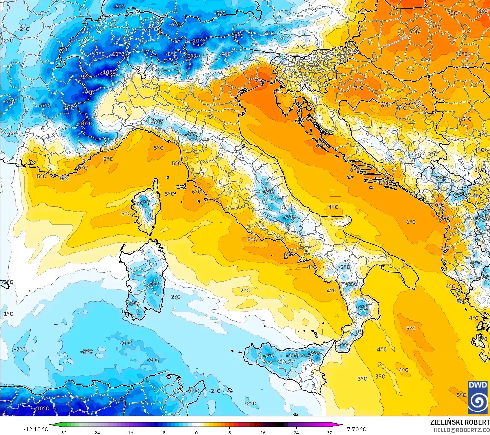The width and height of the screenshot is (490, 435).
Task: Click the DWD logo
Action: click(x=478, y=397)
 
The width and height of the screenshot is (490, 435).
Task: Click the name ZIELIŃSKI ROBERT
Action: click(x=460, y=422)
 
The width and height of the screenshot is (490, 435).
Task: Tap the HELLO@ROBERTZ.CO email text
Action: click(x=462, y=430)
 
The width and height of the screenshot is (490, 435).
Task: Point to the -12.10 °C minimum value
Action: click(x=35, y=429)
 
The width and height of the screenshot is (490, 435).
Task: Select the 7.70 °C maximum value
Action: click(x=357, y=429)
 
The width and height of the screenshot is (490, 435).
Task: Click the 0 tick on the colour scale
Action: click(x=196, y=432)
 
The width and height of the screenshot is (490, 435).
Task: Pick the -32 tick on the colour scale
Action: click(x=63, y=432)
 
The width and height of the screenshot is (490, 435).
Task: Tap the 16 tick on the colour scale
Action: click(x=263, y=432)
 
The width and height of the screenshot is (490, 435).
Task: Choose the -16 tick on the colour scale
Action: click(x=129, y=432)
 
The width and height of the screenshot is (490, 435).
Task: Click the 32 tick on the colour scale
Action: click(x=329, y=432)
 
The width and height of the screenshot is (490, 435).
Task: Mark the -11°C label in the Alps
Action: click(x=117, y=54)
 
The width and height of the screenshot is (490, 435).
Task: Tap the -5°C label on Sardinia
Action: click(x=154, y=284)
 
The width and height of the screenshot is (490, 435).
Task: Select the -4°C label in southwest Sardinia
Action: click(x=134, y=303)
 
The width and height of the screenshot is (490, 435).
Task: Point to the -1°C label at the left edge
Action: click(x=7, y=314)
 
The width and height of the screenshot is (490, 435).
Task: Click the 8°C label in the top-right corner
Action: click(x=483, y=11)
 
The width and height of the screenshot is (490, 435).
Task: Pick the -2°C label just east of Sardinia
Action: click(x=175, y=297)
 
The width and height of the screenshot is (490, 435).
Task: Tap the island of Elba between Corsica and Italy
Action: click(x=181, y=186)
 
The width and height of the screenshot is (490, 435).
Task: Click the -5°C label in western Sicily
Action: click(x=269, y=356)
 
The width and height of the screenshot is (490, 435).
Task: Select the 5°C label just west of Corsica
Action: click(x=126, y=213)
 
